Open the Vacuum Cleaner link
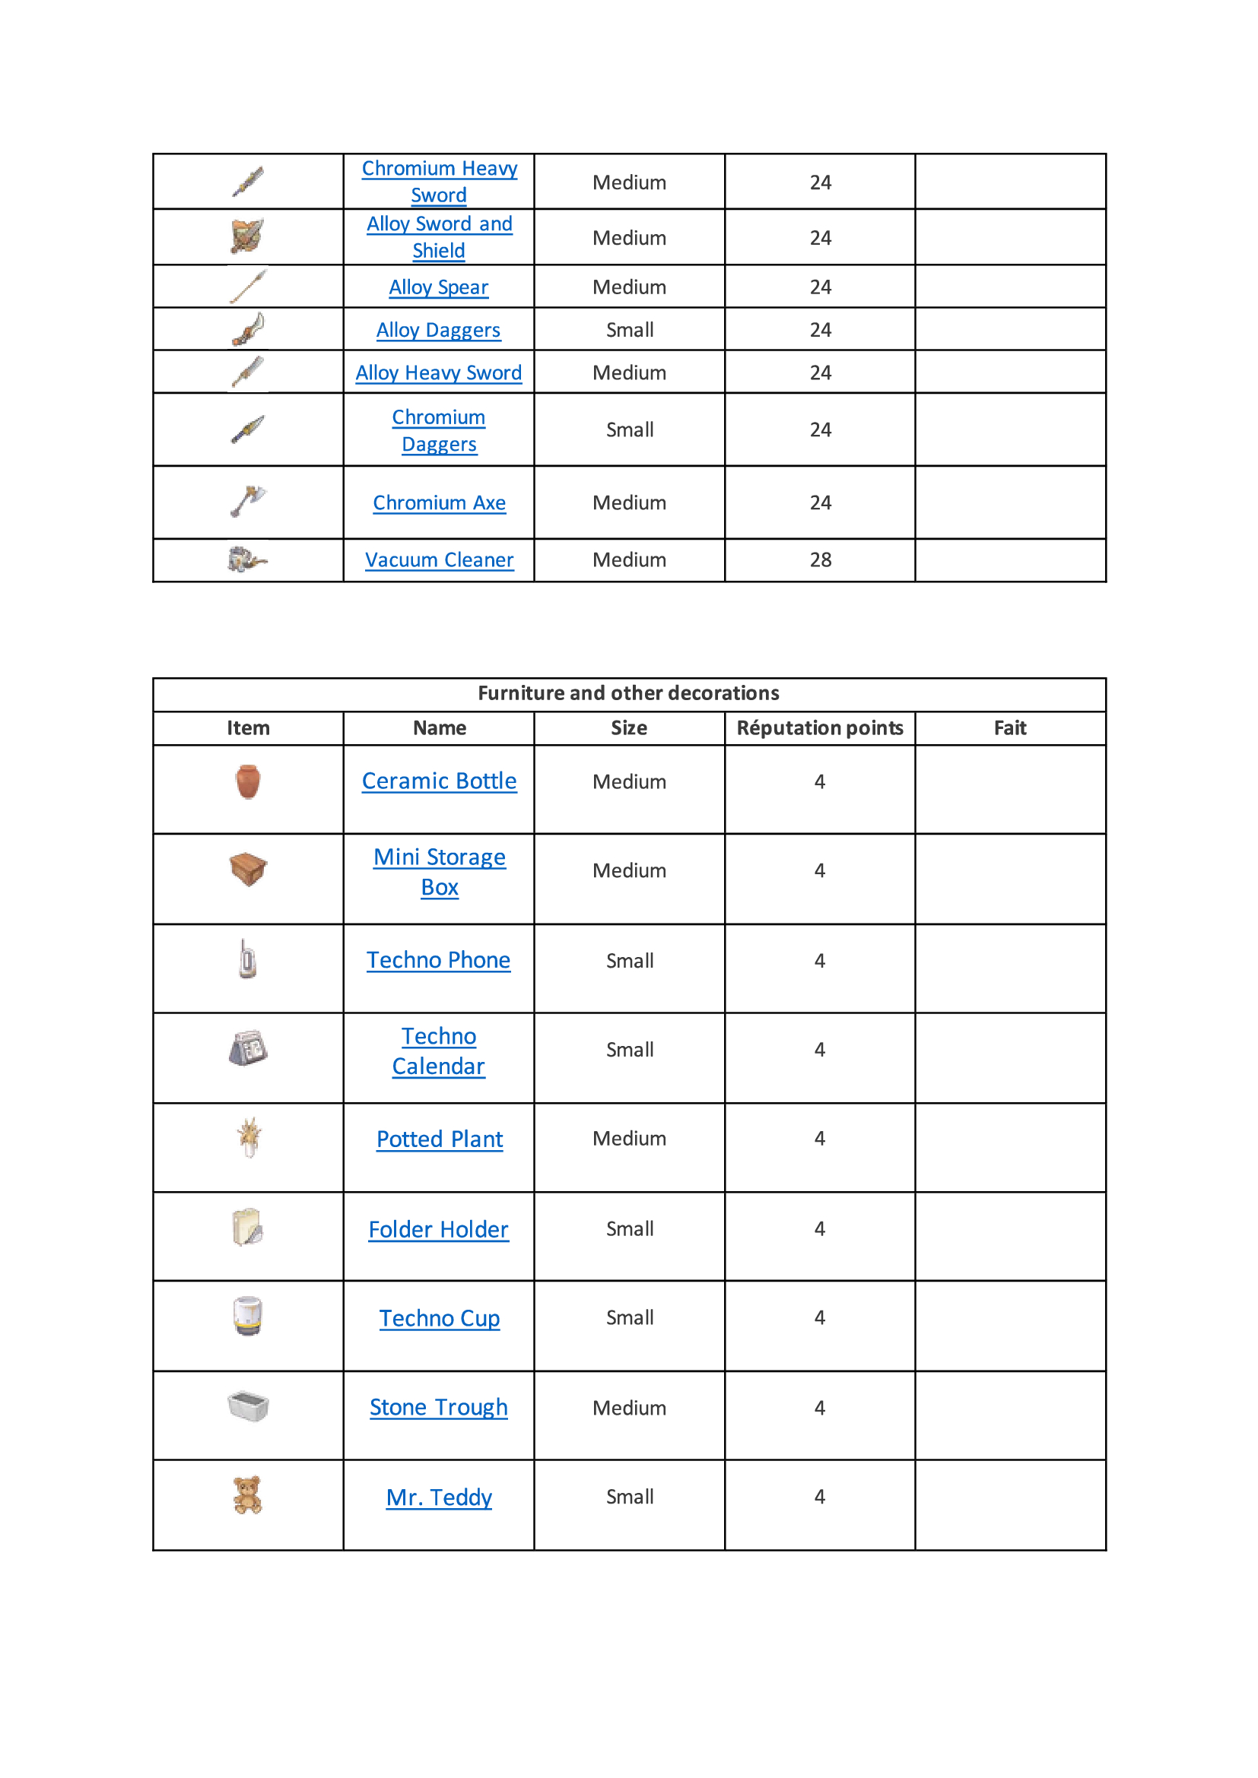pos(439,560)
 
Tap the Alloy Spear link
pos(438,287)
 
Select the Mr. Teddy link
pos(439,1497)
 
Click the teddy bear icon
pos(248,1494)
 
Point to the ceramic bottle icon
pos(248,781)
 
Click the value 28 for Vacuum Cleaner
pos(821,560)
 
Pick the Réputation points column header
pos(820,728)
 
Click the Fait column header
pos(1010,728)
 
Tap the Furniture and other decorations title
pos(628,693)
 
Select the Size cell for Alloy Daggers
pos(630,330)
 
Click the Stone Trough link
pos(438,1407)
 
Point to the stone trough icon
pos(248,1406)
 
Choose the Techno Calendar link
pos(438,1051)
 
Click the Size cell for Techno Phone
pos(630,961)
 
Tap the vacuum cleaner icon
pos(247,559)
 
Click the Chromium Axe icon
pos(248,501)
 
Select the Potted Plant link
pos(439,1139)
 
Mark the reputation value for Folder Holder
pos(820,1229)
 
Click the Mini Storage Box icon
pos(248,869)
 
